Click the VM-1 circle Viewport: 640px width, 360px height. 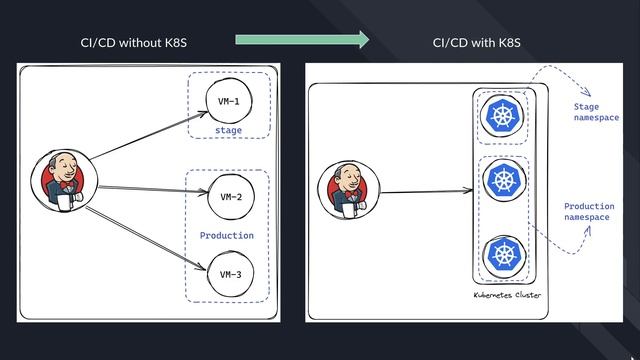pyautogui.click(x=228, y=101)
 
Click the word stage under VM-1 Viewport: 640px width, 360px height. pyautogui.click(x=228, y=130)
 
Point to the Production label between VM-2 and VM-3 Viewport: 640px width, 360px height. pyautogui.click(x=227, y=236)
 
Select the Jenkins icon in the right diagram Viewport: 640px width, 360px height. pyautogui.click(x=349, y=190)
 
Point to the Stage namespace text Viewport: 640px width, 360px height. pyautogui.click(x=595, y=111)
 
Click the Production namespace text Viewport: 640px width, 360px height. pyautogui.click(x=589, y=212)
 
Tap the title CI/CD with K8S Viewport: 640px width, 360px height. pyautogui.click(x=476, y=43)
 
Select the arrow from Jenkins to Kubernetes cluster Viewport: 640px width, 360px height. pyautogui.click(x=425, y=191)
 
